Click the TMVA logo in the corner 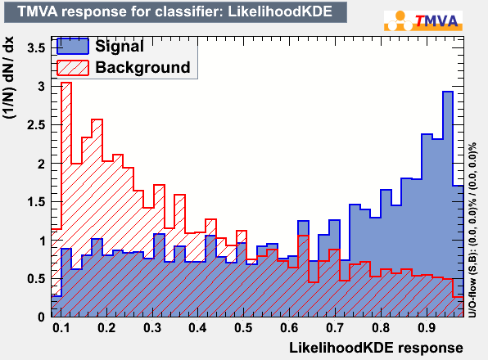(423, 20)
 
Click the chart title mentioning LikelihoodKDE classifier (175, 11)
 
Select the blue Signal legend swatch (73, 46)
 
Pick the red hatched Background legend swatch (73, 68)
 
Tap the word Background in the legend (142, 67)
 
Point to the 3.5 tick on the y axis (36, 48)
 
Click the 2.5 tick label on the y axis (36, 125)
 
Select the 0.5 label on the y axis (36, 278)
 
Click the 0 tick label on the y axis (42, 317)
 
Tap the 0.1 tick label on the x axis (61, 327)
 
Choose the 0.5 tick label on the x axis (243, 327)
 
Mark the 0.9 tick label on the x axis (427, 327)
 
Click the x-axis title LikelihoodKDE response (376, 348)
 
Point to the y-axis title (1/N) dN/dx (9, 78)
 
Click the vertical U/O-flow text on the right (472, 230)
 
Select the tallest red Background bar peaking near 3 (66, 200)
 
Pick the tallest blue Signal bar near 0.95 (448, 205)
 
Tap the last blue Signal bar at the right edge (459, 251)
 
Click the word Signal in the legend (120, 46)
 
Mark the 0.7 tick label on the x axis (335, 327)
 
